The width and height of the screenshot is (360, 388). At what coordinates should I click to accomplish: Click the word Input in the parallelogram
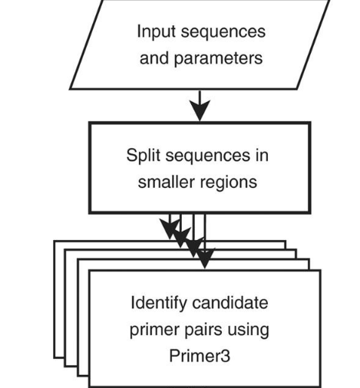157,31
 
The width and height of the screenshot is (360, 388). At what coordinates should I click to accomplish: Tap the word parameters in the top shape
218,58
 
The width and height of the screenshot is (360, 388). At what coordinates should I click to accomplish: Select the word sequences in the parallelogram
223,32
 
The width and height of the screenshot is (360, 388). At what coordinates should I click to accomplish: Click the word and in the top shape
154,58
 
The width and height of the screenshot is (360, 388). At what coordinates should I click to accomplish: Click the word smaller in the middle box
166,182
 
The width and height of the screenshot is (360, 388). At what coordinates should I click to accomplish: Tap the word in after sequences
262,155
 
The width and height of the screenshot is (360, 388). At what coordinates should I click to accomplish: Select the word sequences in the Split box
207,156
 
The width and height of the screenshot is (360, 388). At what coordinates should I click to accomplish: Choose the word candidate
230,303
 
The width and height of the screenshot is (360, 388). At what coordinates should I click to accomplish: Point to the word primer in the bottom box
154,330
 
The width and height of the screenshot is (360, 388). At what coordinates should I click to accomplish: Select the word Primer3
200,356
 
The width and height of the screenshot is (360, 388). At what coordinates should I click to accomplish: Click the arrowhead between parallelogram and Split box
200,110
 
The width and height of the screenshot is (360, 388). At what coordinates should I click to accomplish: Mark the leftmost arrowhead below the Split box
170,229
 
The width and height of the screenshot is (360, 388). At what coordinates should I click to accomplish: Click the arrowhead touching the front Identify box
205,258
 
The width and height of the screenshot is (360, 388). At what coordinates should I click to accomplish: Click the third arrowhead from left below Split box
193,247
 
